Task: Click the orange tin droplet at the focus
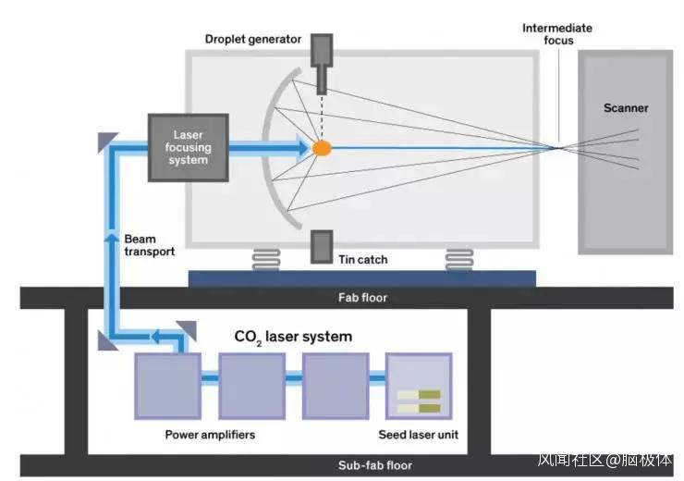coord(322,147)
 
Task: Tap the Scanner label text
coord(626,108)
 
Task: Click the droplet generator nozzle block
coord(322,63)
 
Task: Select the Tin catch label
coord(362,260)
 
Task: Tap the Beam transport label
coord(149,244)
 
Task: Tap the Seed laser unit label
coord(419,434)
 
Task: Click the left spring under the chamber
coord(265,259)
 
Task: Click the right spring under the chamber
coord(460,259)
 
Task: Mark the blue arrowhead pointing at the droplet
coord(301,147)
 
